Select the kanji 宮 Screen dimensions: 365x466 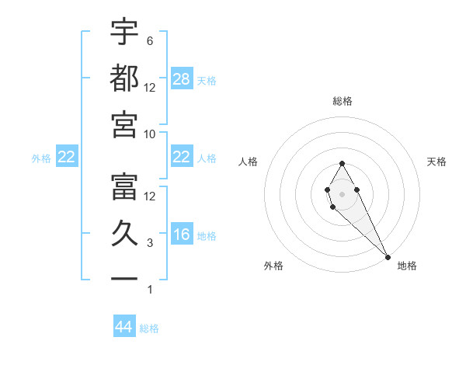coord(124,125)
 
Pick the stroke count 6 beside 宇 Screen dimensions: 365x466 coord(149,40)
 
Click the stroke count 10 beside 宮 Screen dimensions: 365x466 coord(150,134)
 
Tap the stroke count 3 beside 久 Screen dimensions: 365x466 coord(149,243)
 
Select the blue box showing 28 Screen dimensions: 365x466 coord(182,79)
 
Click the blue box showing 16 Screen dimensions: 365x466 coord(182,235)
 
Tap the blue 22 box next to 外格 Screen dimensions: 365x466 coord(66,158)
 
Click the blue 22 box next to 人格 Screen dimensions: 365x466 coord(182,157)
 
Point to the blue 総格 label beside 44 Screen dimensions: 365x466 coord(149,328)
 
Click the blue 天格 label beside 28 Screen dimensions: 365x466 coord(207,81)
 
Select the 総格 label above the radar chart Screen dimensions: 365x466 coord(342,101)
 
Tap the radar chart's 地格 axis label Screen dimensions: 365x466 coord(407,266)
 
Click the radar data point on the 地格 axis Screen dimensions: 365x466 coord(388,257)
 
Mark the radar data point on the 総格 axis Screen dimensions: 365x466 coord(342,163)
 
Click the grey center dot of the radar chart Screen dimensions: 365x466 coord(342,193)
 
